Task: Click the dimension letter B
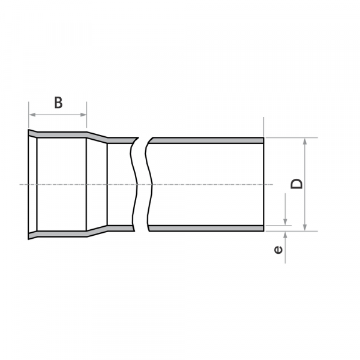(x=58, y=102)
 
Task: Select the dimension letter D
(x=297, y=183)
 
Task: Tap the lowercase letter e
(x=278, y=248)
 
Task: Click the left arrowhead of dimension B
(x=32, y=115)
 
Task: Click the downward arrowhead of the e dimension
(x=286, y=223)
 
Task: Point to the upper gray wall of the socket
(x=60, y=134)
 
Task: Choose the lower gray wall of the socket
(x=60, y=232)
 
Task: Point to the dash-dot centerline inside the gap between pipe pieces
(x=141, y=184)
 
